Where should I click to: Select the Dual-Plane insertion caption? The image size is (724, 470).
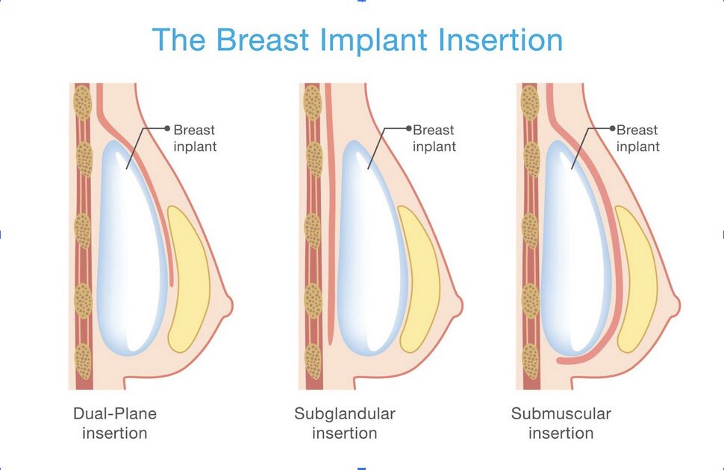tap(115, 423)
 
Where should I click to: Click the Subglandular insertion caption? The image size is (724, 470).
tap(344, 423)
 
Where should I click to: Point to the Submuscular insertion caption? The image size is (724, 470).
tap(561, 423)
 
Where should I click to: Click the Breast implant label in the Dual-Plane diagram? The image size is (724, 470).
tap(195, 138)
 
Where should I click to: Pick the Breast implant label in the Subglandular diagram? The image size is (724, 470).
tap(434, 138)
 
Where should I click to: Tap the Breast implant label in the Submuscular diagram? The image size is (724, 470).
tap(637, 138)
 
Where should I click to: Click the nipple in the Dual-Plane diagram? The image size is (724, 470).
tap(226, 304)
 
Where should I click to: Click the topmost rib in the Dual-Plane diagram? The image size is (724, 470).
tap(81, 99)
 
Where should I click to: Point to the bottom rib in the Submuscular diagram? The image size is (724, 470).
tap(531, 361)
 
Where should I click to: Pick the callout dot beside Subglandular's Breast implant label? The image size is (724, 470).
tap(408, 128)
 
